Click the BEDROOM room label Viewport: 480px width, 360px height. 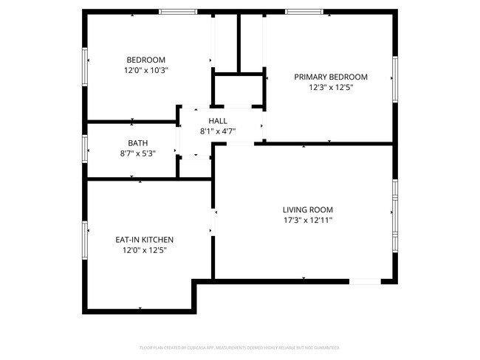(x=145, y=60)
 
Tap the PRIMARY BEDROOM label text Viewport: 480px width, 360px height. (x=331, y=77)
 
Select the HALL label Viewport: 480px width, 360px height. (x=218, y=121)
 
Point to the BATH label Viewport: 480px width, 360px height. (x=137, y=143)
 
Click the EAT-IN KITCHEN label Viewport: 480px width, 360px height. (x=145, y=240)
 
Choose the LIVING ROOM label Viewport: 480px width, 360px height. (x=308, y=210)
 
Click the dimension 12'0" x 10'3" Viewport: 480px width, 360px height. (x=145, y=70)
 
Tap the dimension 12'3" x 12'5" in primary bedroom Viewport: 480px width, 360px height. (x=331, y=87)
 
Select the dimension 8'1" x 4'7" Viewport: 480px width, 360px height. (x=218, y=131)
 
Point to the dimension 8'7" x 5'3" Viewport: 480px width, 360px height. (x=137, y=153)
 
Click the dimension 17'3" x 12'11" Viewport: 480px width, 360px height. (x=308, y=220)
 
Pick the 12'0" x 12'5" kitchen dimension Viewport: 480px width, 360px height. (x=145, y=250)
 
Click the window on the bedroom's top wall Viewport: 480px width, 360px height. (x=178, y=12)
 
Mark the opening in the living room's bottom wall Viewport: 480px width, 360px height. (x=365, y=281)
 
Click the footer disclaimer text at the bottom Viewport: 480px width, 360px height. (x=239, y=347)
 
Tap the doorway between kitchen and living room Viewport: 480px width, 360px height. (x=213, y=221)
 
